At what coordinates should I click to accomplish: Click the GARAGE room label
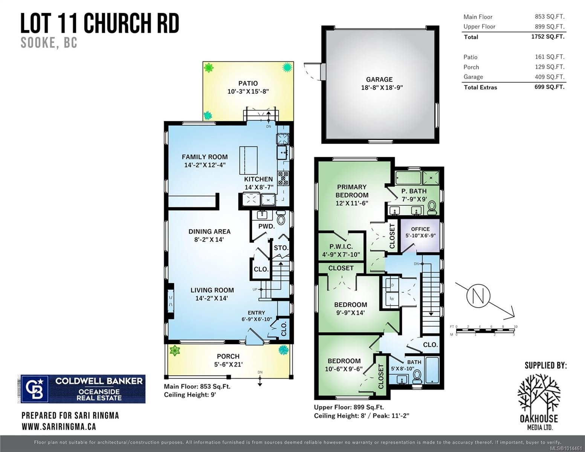point(379,79)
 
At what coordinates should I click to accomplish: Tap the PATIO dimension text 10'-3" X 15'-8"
point(248,92)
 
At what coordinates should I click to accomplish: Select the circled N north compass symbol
point(478,295)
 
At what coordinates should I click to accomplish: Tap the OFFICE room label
point(420,229)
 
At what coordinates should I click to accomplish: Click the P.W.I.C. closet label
point(341,247)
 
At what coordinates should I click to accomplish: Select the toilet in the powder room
point(281,217)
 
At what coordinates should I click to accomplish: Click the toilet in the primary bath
point(432,207)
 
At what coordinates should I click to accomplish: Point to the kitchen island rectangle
point(248,160)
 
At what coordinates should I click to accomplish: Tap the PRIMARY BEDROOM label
point(352,191)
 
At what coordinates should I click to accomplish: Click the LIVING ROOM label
point(212,290)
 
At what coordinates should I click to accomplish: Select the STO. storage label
point(281,248)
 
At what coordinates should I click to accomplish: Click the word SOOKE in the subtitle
point(38,43)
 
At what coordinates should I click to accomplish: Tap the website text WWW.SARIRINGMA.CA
point(59,426)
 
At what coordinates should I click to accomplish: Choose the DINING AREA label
point(209,232)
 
